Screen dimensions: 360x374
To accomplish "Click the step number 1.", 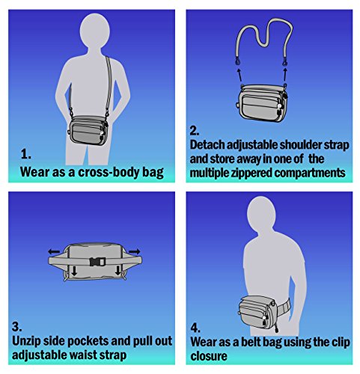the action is point(25,155).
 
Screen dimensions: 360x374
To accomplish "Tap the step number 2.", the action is point(195,130).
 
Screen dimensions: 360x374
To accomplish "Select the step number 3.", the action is point(17,327).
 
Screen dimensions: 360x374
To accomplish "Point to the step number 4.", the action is point(195,328).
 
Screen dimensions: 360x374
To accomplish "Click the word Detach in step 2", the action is point(207,144).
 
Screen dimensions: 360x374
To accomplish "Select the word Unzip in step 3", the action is point(26,341).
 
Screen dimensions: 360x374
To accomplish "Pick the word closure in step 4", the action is point(209,356).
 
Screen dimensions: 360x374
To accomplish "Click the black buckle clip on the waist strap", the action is point(97,262).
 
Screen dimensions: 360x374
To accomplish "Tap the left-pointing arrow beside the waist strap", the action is point(54,251).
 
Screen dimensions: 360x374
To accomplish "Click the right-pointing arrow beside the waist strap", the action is point(134,251).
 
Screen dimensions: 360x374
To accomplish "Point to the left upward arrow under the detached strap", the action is point(239,75).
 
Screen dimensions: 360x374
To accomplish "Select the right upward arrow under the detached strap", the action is point(285,74).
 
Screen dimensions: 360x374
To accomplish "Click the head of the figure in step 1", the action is point(95,30).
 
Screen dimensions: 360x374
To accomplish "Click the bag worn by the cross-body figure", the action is point(88,130).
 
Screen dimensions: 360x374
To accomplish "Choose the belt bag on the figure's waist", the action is point(257,313).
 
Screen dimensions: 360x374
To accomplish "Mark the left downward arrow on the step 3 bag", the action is point(74,270).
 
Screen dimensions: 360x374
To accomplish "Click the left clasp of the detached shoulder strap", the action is point(237,60).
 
